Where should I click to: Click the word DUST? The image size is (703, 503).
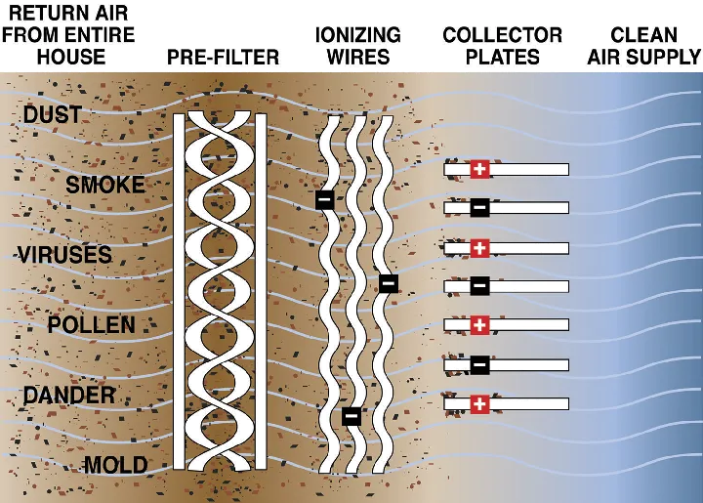(53, 116)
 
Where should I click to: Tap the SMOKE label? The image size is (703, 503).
(104, 186)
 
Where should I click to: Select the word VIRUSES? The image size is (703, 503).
(64, 256)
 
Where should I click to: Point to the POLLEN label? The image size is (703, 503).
(92, 325)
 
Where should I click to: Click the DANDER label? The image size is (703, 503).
(69, 396)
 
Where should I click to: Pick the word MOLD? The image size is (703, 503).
(115, 465)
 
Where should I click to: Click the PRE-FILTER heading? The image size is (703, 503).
(223, 57)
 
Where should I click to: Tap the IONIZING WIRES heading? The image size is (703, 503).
(357, 45)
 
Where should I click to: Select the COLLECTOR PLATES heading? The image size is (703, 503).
(503, 45)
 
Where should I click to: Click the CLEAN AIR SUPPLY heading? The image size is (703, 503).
(644, 45)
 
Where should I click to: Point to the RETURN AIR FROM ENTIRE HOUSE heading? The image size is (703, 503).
(68, 34)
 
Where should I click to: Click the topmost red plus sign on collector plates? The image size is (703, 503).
(478, 169)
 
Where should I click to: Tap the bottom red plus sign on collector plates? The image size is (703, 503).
(478, 403)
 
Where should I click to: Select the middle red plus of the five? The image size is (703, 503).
(478, 247)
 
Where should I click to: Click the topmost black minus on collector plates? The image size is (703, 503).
(478, 208)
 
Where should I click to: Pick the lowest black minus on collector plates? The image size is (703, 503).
(478, 364)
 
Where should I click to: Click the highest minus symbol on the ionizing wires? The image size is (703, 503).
(324, 199)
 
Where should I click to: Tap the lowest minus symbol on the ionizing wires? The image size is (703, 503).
(352, 415)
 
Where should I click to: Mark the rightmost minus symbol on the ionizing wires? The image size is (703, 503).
(388, 283)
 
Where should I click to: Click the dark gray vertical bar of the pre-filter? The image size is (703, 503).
(178, 293)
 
